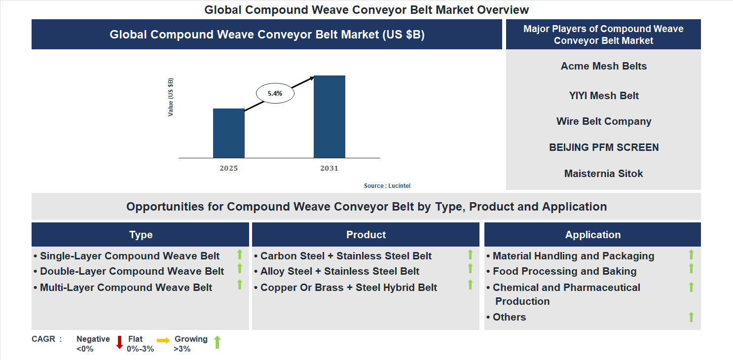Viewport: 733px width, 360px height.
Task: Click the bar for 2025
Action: [228, 133]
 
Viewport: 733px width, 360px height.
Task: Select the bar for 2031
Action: [329, 117]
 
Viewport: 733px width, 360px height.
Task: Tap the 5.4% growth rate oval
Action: [275, 93]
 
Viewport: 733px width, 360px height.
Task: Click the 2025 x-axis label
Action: [228, 168]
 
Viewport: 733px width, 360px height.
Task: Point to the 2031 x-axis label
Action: [329, 168]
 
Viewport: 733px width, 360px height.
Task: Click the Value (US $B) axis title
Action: [171, 97]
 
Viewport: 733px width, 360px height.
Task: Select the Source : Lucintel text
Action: [387, 186]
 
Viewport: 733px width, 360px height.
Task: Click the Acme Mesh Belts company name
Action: [603, 66]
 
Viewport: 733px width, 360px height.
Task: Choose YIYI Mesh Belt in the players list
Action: [603, 96]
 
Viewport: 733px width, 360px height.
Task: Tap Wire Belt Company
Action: [603, 121]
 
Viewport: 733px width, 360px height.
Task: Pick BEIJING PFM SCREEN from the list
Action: [603, 147]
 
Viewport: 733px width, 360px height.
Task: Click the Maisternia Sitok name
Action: [603, 174]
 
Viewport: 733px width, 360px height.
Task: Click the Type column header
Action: [141, 235]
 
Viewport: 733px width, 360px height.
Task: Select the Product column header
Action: [366, 235]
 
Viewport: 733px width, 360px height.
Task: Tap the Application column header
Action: [592, 235]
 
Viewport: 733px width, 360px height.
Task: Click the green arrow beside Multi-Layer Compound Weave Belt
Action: [240, 285]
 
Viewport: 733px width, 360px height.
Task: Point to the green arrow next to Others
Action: [691, 317]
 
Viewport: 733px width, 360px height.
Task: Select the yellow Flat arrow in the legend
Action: [163, 340]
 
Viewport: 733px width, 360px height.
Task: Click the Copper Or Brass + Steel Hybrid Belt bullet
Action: [348, 288]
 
